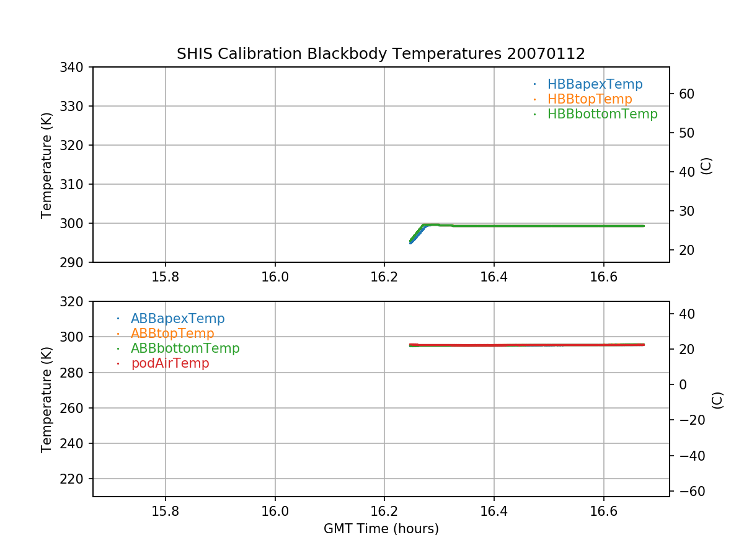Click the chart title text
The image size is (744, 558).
pyautogui.click(x=381, y=54)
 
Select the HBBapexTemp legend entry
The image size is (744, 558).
pyautogui.click(x=595, y=84)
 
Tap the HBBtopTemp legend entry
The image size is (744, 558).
pyautogui.click(x=589, y=99)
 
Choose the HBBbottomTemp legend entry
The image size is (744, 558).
pyautogui.click(x=602, y=114)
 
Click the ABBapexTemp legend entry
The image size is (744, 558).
pyautogui.click(x=177, y=319)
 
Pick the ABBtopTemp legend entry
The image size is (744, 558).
pyautogui.click(x=172, y=334)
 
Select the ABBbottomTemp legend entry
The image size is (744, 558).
pyautogui.click(x=185, y=348)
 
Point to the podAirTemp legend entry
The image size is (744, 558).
pyautogui.click(x=170, y=363)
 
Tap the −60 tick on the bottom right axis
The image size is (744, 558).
pyautogui.click(x=689, y=491)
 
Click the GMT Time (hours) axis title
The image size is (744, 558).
pyautogui.click(x=381, y=529)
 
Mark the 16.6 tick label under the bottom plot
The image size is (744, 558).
pyautogui.click(x=603, y=511)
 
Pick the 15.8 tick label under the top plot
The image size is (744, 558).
pyautogui.click(x=166, y=277)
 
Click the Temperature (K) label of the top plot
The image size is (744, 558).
pyautogui.click(x=47, y=164)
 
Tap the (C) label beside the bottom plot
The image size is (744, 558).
pyautogui.click(x=717, y=399)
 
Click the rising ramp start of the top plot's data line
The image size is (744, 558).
pyautogui.click(x=410, y=242)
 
